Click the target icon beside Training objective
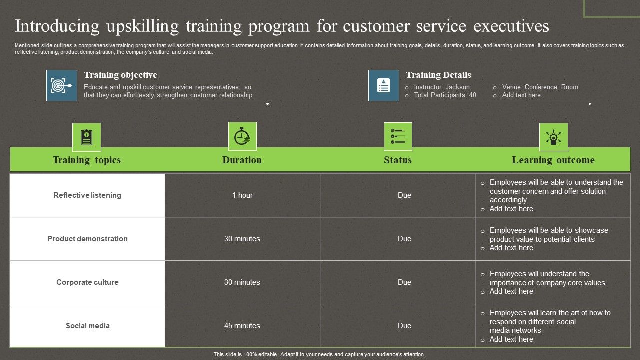coord(62,86)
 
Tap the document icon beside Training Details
coord(384,86)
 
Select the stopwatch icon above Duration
coord(242,136)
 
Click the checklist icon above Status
coord(398,136)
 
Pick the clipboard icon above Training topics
coord(87,137)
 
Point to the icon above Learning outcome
coord(553,137)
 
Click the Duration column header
coord(242,160)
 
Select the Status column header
coord(398,160)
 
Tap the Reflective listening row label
coord(87,195)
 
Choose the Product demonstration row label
coord(87,239)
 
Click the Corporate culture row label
coord(87,282)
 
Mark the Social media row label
coord(87,326)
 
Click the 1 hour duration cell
coord(242,195)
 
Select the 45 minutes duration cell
coord(242,326)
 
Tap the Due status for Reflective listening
coord(404,195)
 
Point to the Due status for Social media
coord(404,326)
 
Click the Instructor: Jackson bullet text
coord(442,87)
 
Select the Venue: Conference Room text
coord(540,87)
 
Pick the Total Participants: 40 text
coord(445,95)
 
